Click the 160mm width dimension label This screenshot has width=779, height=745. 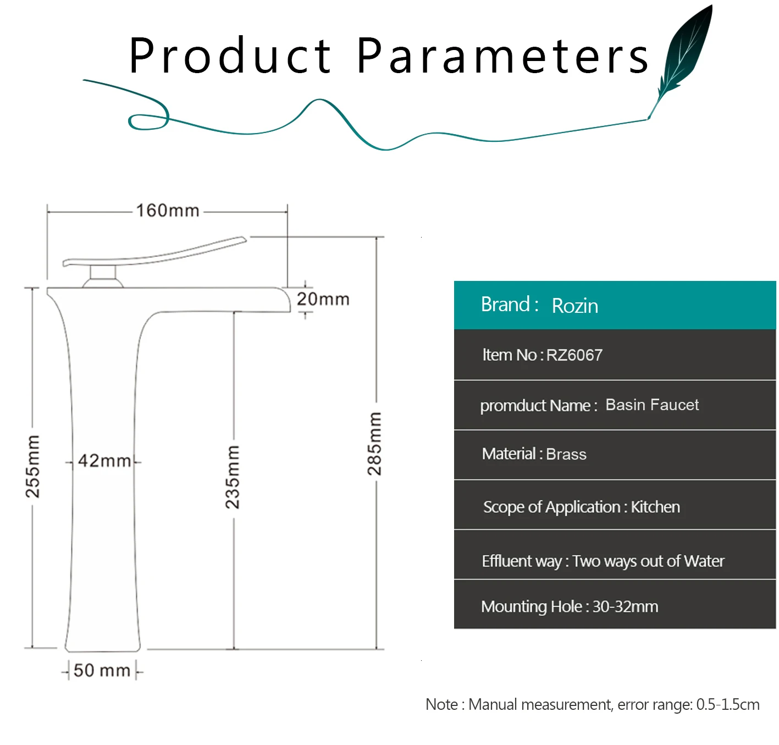(168, 211)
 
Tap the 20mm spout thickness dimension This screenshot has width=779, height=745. (323, 300)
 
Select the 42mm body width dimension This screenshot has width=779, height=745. (104, 461)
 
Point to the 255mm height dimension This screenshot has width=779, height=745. (33, 466)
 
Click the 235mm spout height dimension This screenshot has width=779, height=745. (233, 477)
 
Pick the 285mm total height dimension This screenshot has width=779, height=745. (375, 444)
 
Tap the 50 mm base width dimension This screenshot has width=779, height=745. (102, 671)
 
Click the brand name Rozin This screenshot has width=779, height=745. (574, 306)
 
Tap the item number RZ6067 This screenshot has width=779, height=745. (574, 355)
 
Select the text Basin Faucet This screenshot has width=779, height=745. (652, 405)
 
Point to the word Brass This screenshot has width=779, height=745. (566, 455)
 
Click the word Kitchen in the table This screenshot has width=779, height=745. (655, 507)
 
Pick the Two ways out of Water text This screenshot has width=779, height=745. (648, 561)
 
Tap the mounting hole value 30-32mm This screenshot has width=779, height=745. (625, 607)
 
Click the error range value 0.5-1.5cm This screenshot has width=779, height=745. (727, 705)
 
